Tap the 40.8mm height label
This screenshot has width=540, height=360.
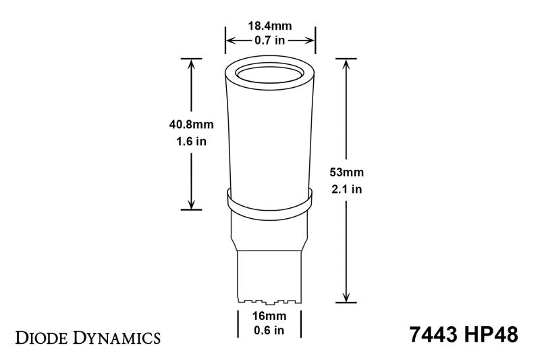pyautogui.click(x=188, y=124)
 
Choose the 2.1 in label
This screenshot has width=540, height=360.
pyautogui.click(x=346, y=190)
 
